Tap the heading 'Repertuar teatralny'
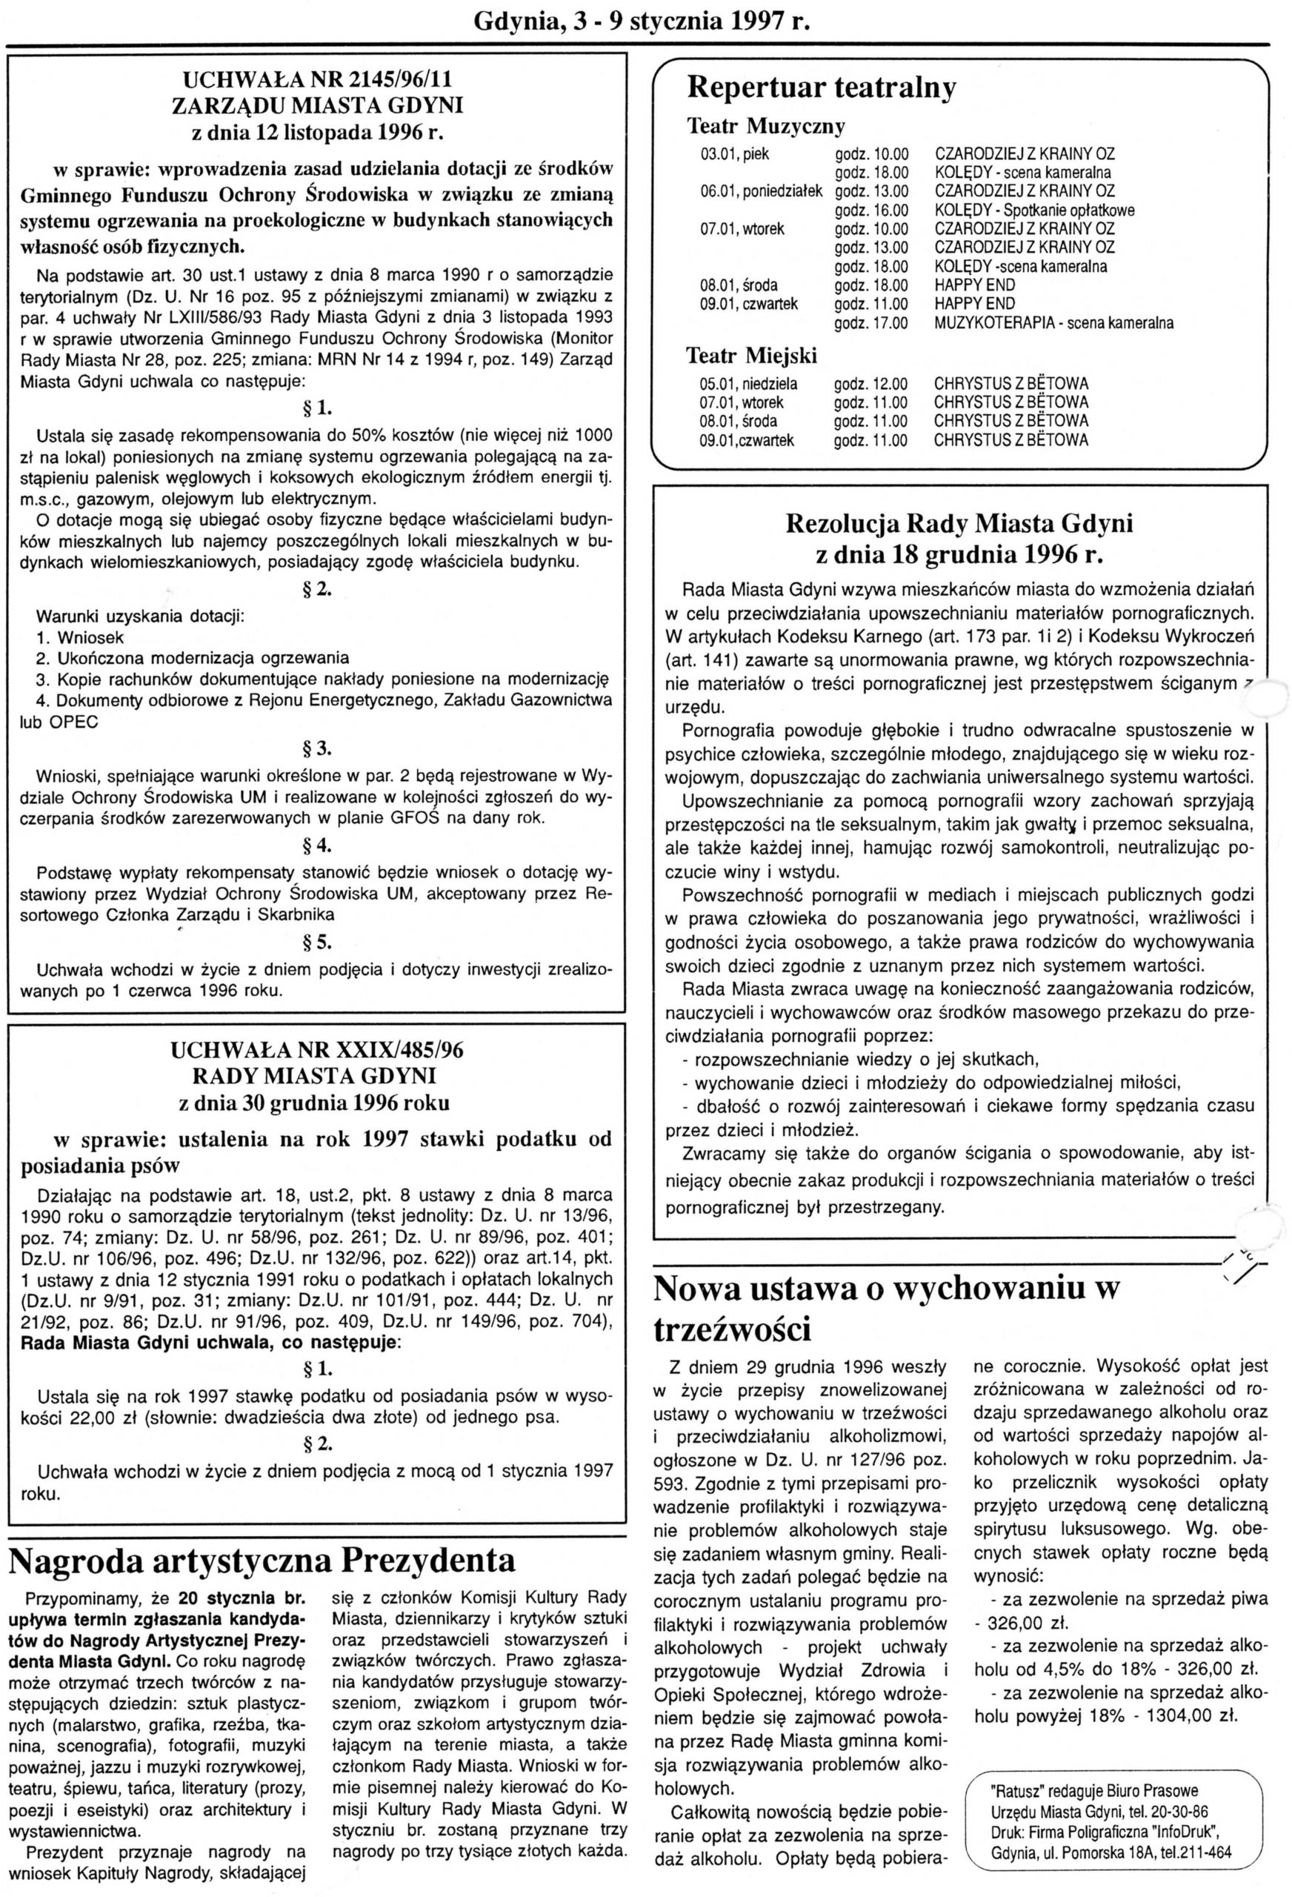coord(821,88)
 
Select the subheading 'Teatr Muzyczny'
coord(765,127)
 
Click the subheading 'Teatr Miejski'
coord(752,356)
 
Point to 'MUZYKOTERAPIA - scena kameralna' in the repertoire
coord(1053,323)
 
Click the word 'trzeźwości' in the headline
coord(733,1329)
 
